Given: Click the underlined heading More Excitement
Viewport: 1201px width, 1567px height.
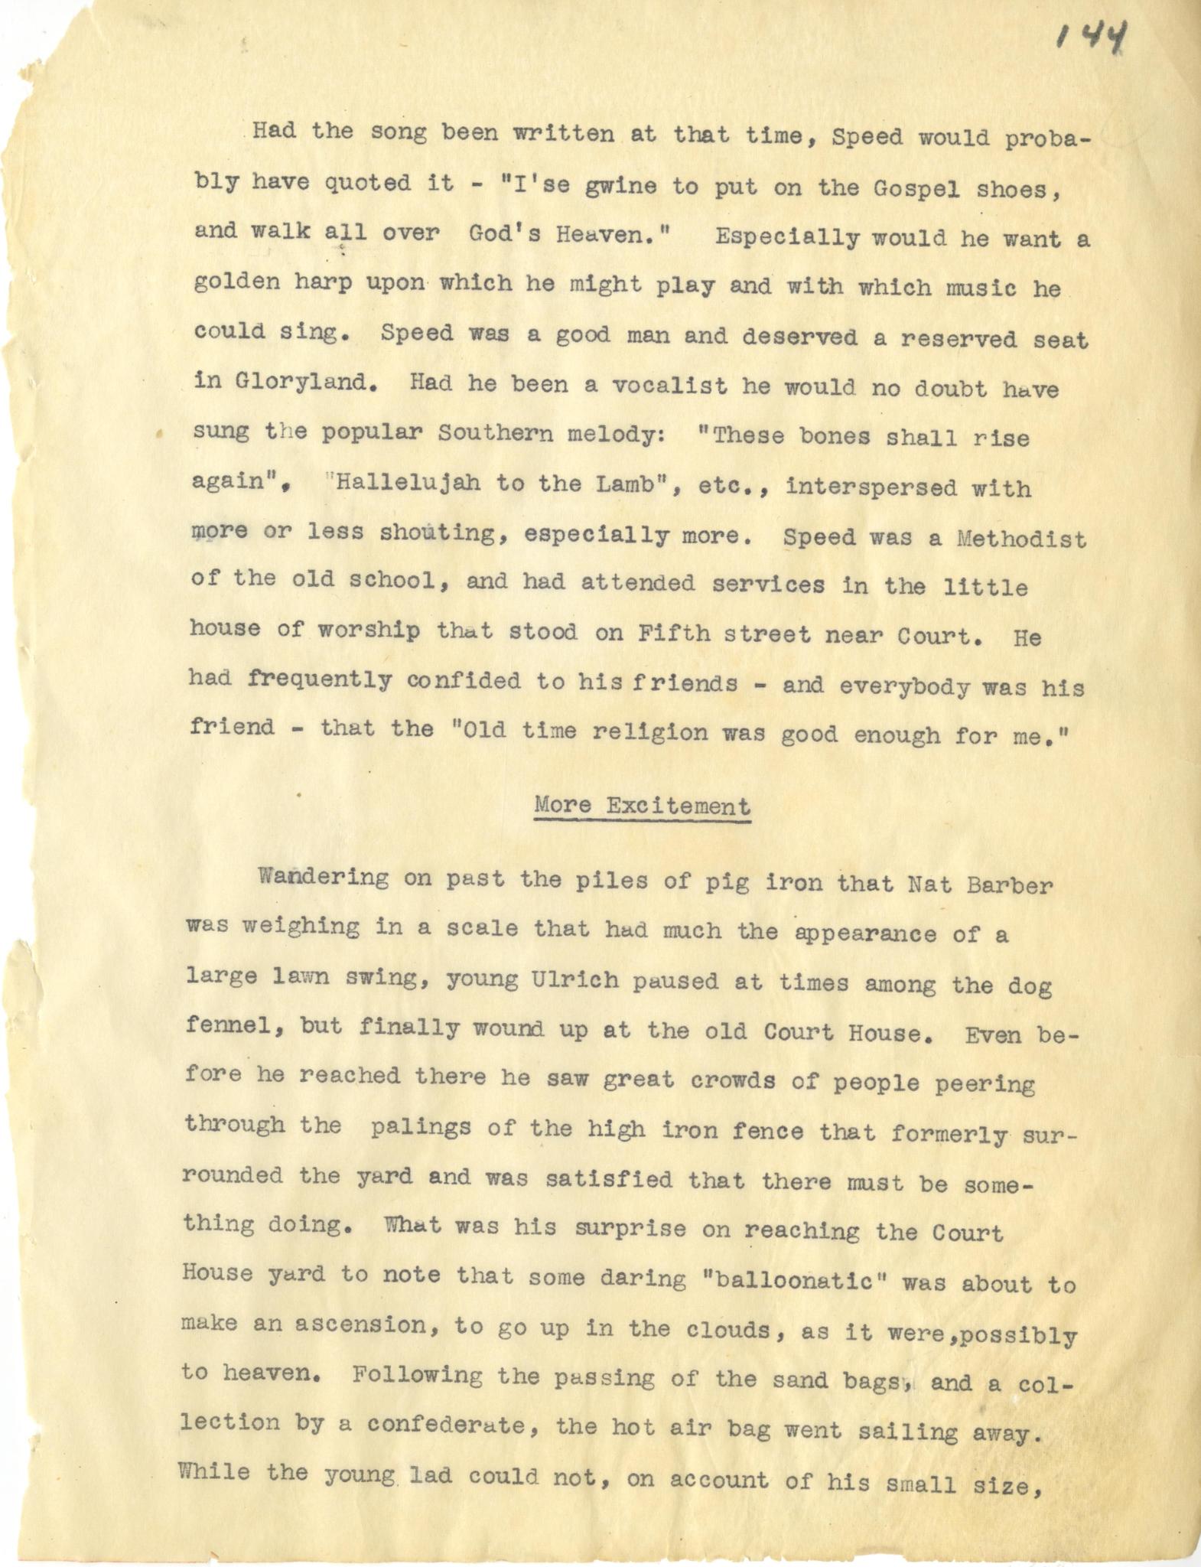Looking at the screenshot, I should pyautogui.click(x=642, y=805).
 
